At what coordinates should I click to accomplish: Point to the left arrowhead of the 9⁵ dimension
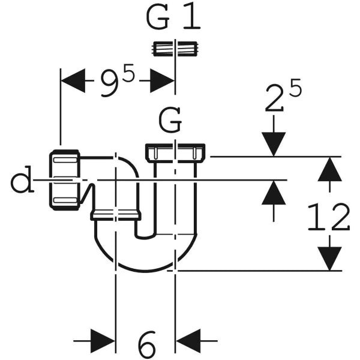coord(73,80)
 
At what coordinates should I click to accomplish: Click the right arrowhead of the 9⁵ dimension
coord(162,80)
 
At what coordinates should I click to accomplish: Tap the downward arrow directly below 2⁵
coord(273,145)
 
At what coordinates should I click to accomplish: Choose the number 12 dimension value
coord(328,217)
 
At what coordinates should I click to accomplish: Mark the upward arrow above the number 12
coord(328,169)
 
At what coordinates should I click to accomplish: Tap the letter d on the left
coord(22,181)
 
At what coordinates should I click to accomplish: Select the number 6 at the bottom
coord(146,344)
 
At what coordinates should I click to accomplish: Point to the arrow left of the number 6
coord(103,341)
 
